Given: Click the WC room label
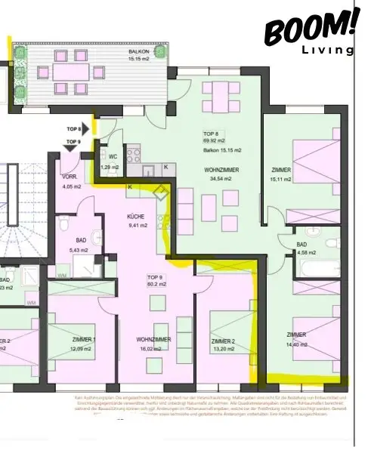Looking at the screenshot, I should pos(112,160).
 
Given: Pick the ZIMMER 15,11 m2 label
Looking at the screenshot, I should pos(281,175).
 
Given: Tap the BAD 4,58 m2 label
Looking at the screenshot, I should pos(301,248).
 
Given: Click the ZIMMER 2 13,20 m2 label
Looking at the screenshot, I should pos(224,346).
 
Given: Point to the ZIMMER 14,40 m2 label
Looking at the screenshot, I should pos(296,338).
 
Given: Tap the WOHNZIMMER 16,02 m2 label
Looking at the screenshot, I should pos(153,344).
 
